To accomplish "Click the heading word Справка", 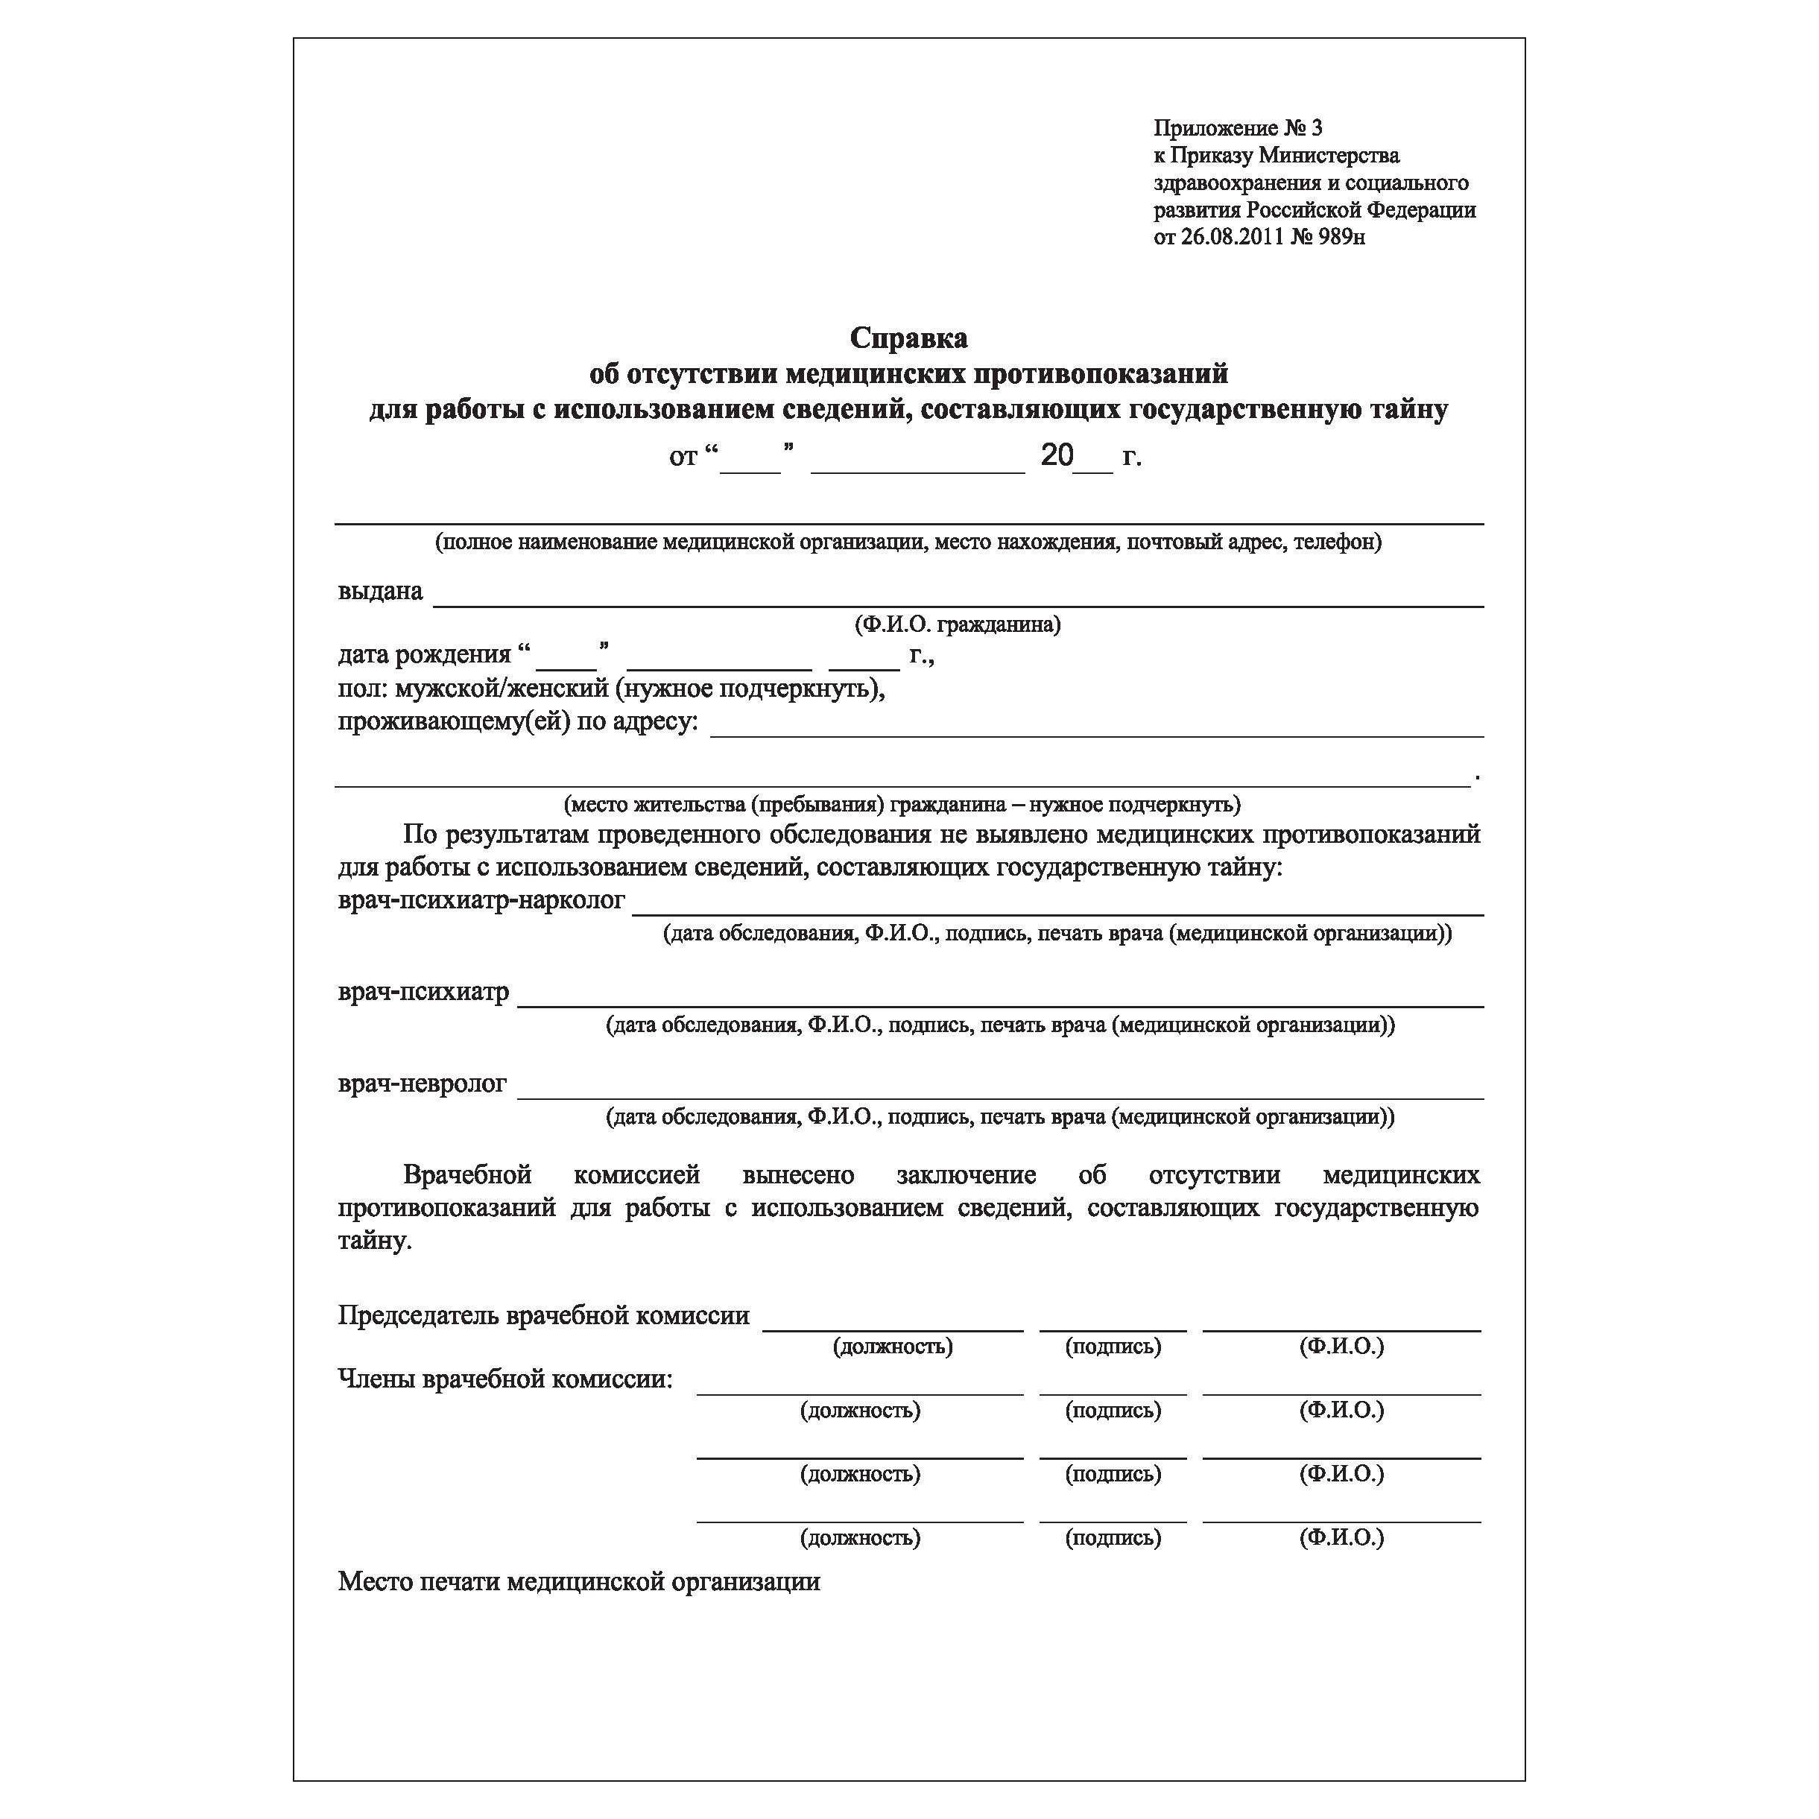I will click(x=908, y=337).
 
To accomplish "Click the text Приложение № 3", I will click(x=1237, y=128).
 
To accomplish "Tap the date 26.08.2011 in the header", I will click(x=1233, y=237).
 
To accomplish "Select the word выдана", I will click(x=380, y=591).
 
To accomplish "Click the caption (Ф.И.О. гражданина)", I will click(x=958, y=624).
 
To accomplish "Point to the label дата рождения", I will click(x=425, y=654).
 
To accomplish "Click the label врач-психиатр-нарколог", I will click(x=481, y=900).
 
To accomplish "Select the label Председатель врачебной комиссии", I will click(x=543, y=1315).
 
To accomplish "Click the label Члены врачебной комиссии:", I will click(x=505, y=1379).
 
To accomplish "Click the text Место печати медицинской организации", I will click(x=579, y=1582).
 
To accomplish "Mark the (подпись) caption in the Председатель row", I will click(x=1113, y=1347).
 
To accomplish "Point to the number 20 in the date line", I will click(x=1057, y=456).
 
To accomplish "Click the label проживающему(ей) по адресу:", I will click(x=518, y=722).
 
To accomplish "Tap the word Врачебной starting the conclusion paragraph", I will click(x=467, y=1175).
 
